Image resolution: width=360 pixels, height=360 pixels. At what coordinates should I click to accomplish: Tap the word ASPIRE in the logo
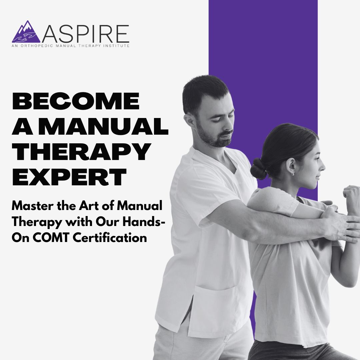pos(86,33)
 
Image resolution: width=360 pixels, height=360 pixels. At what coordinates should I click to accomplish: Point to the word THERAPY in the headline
pos(80,152)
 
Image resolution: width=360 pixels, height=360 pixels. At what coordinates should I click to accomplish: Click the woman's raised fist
pos(352,197)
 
